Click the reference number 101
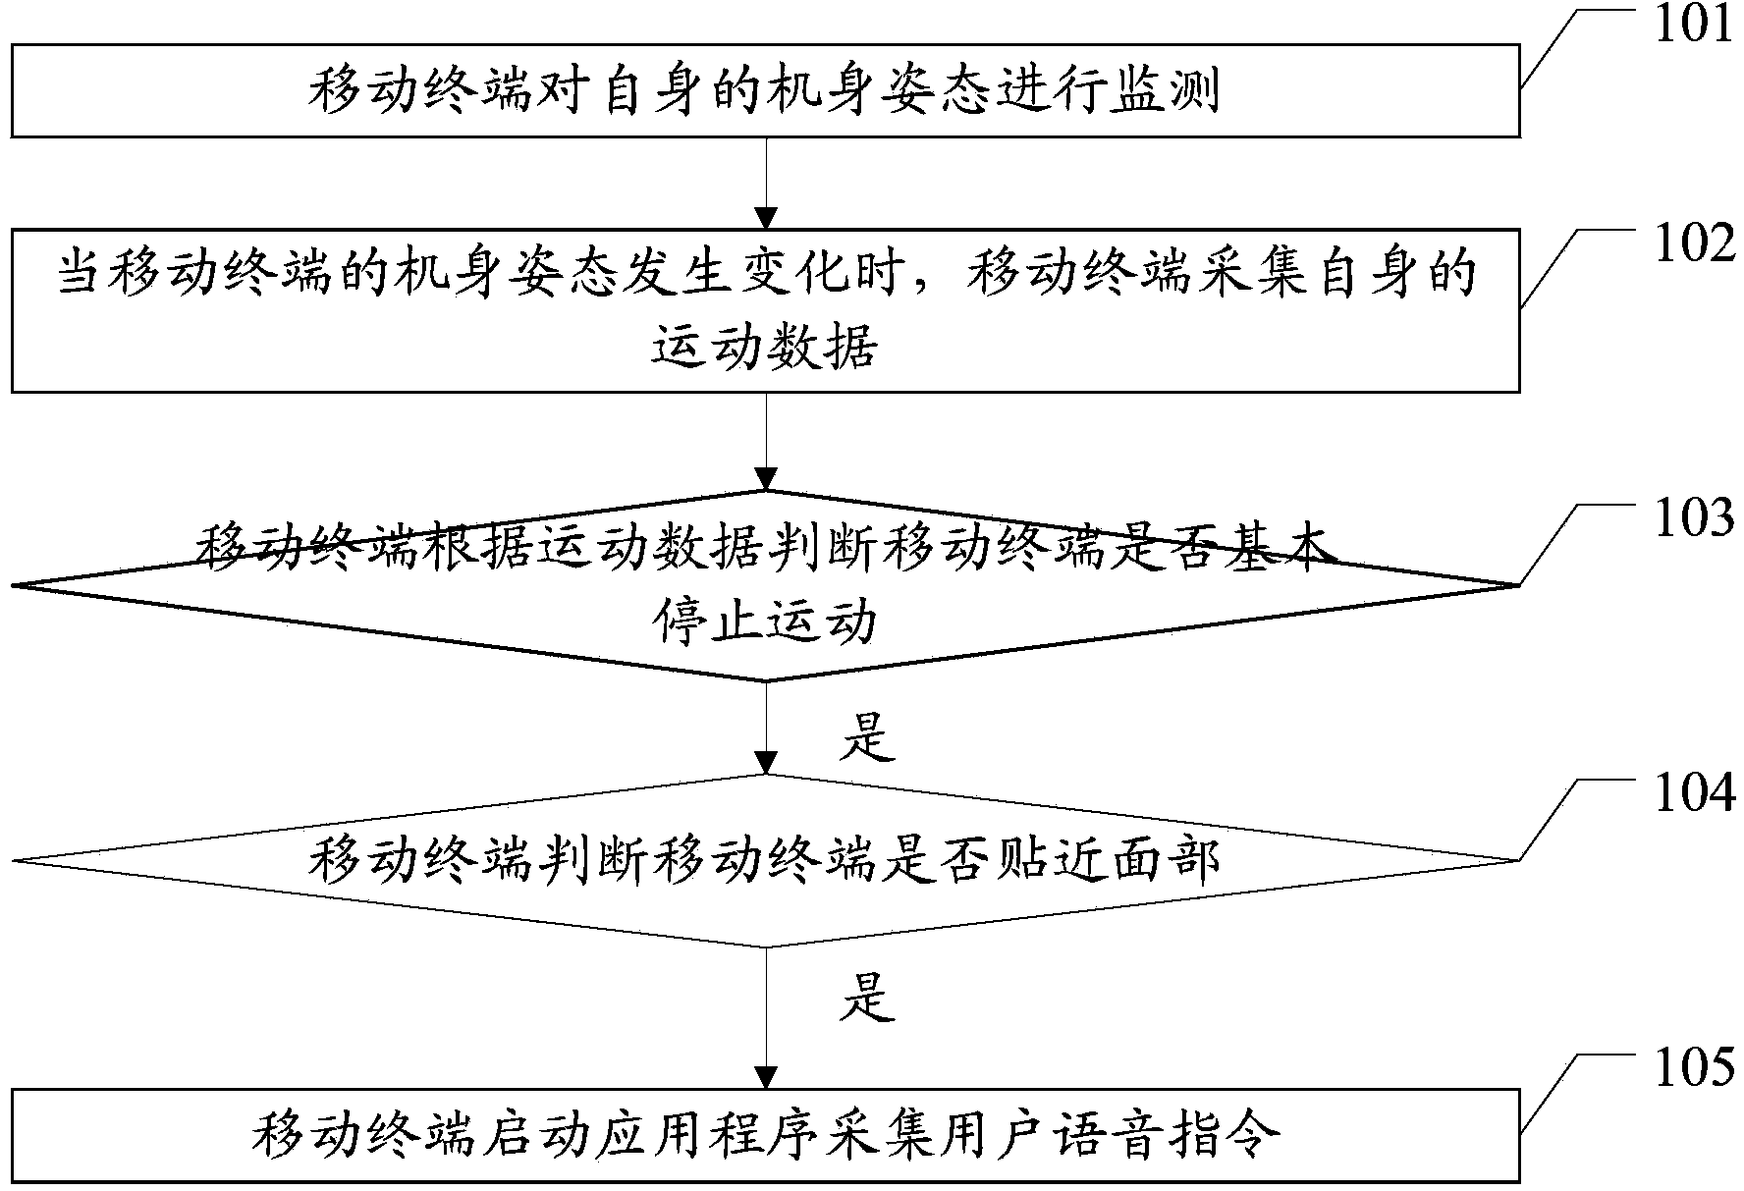coord(1694,25)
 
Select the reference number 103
coord(1694,518)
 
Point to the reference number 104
coord(1694,793)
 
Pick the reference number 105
coord(1694,1068)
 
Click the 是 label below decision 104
coord(868,998)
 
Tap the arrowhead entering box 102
coord(765,218)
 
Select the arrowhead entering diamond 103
coord(765,480)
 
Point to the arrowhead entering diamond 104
coord(765,763)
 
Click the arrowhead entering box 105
coord(765,1076)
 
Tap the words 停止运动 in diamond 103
coord(765,623)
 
